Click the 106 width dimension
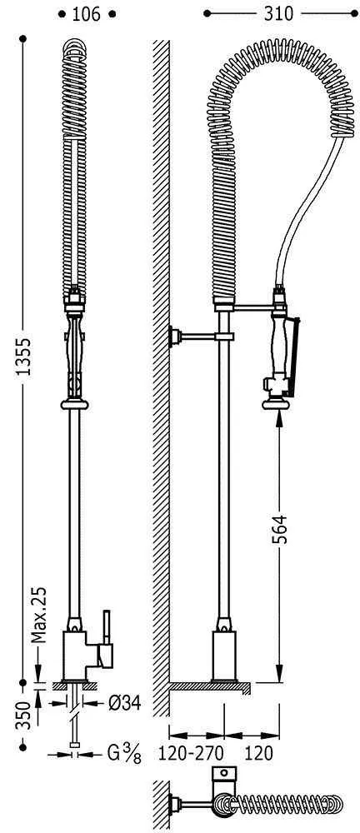tap(86, 14)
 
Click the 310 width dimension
tap(278, 14)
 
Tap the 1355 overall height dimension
tap(22, 357)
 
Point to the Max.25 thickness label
tap(38, 607)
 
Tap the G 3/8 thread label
tap(124, 754)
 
